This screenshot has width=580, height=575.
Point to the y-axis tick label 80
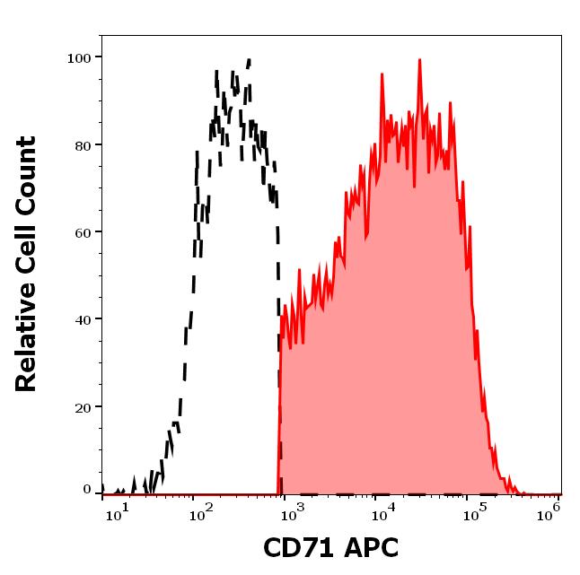(x=83, y=145)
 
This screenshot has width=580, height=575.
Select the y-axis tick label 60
(x=83, y=232)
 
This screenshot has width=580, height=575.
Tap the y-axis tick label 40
(x=83, y=319)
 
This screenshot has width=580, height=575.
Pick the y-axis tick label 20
(x=83, y=407)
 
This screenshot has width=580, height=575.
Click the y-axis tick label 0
(x=87, y=490)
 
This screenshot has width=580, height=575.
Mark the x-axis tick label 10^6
(x=550, y=511)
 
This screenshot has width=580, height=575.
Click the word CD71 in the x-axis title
(x=294, y=547)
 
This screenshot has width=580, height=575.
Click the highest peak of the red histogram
(x=419, y=60)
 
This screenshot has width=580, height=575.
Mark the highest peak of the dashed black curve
(x=249, y=60)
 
